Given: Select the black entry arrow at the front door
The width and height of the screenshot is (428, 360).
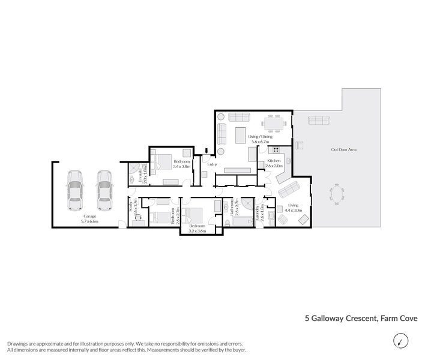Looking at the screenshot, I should (206, 152).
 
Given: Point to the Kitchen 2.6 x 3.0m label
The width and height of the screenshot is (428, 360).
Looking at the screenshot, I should (274, 164).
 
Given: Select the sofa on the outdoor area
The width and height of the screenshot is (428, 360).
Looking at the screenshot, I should (319, 121).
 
